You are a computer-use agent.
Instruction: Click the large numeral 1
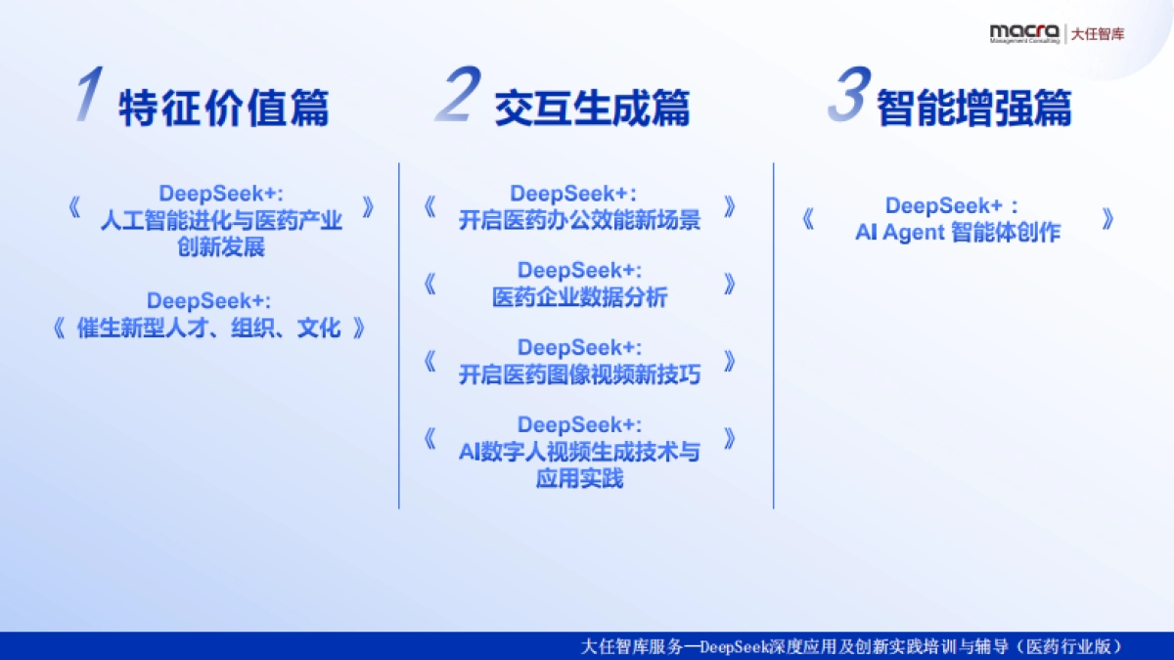pos(89,97)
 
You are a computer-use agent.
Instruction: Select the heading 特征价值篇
pos(223,108)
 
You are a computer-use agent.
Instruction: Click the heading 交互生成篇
pos(591,108)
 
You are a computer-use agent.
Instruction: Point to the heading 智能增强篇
pos(973,108)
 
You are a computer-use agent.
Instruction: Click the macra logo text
pos(1023,31)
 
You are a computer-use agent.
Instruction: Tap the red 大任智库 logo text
pos(1098,33)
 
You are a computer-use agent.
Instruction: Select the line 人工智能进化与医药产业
pos(221,220)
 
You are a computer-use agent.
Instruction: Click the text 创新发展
pos(221,246)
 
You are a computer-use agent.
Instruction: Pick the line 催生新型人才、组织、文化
pos(208,328)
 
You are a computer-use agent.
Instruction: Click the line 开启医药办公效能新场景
pos(579,220)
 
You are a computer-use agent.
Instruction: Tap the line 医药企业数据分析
pos(579,297)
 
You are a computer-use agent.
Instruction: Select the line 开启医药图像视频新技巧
pos(579,374)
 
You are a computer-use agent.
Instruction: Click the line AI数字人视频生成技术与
pos(579,452)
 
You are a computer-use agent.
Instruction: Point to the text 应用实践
pos(579,478)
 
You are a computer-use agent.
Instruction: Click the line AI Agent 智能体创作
pos(957,233)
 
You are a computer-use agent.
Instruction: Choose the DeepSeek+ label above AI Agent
pos(952,206)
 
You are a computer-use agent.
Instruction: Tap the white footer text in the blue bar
pos(850,646)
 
